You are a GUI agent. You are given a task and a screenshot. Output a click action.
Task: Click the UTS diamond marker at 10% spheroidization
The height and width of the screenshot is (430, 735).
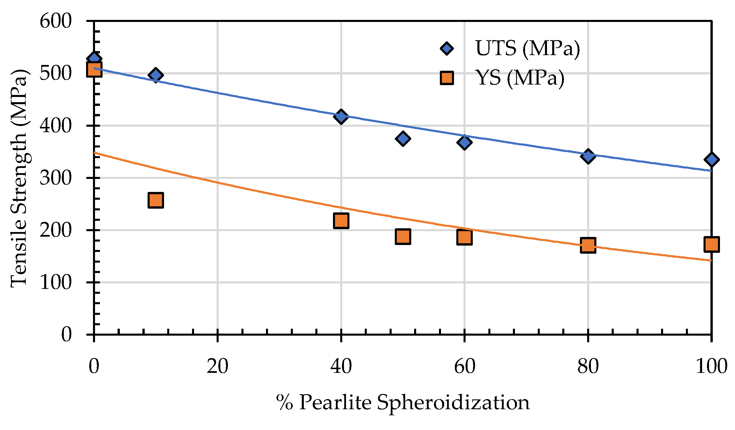(156, 75)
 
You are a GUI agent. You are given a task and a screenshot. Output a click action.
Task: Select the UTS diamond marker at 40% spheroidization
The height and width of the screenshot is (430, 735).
(341, 117)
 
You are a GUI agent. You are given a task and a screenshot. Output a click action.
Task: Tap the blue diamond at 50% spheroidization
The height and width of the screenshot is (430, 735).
(403, 138)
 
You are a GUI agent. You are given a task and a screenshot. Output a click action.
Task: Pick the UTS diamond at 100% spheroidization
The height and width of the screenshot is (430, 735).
(711, 160)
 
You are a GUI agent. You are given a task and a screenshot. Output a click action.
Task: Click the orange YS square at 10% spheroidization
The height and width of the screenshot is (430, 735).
(156, 200)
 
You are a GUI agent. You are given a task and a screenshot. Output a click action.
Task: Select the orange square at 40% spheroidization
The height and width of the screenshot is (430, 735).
(341, 220)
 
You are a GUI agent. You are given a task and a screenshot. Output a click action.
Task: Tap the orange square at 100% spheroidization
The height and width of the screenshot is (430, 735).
(711, 244)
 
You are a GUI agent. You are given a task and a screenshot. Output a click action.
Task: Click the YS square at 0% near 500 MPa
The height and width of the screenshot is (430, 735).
(94, 69)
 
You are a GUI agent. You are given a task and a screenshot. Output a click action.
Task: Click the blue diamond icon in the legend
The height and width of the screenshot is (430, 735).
(447, 48)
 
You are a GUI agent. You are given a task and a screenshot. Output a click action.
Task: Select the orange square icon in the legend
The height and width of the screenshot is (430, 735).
(447, 78)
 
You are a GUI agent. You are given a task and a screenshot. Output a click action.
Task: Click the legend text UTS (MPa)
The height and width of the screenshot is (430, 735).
(527, 48)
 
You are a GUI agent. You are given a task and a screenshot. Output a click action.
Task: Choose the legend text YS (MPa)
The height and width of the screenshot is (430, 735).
(520, 78)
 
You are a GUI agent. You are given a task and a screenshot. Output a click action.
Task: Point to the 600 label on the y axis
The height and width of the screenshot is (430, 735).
(56, 21)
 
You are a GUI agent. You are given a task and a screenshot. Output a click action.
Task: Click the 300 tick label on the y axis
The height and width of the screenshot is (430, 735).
(56, 178)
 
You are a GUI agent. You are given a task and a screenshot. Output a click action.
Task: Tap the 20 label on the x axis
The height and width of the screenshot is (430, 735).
(217, 366)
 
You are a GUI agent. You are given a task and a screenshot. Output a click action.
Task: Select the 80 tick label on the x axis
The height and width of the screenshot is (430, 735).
(588, 366)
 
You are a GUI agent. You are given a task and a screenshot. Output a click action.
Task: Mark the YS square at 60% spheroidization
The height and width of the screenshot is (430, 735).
(465, 237)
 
